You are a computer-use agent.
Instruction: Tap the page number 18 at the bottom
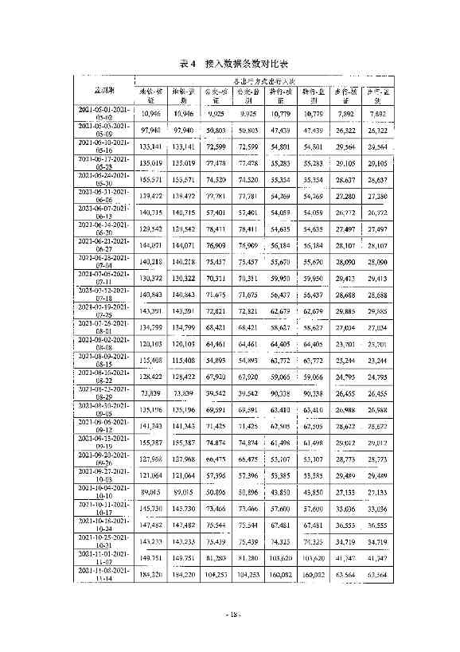coord(231,614)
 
